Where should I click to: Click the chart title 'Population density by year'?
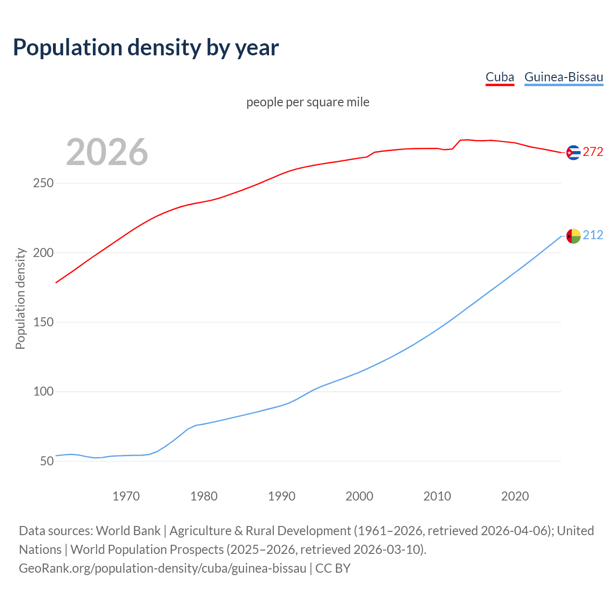click(x=146, y=47)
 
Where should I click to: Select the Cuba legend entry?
click(x=500, y=77)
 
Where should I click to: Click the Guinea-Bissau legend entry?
click(x=564, y=77)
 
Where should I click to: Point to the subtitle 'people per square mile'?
click(x=308, y=102)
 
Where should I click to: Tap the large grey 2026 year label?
click(x=107, y=152)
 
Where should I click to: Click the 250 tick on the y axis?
click(x=43, y=183)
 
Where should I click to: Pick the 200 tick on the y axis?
click(x=43, y=253)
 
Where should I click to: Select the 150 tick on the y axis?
click(x=43, y=322)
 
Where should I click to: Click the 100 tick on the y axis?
click(x=43, y=392)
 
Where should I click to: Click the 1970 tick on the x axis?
click(x=126, y=496)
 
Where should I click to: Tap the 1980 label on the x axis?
click(x=204, y=496)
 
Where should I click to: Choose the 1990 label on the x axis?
click(x=282, y=496)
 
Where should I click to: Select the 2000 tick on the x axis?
click(x=359, y=496)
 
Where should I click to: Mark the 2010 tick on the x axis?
click(x=437, y=496)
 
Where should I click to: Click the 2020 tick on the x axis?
click(x=515, y=496)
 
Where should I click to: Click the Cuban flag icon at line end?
click(x=573, y=153)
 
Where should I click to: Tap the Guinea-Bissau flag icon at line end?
click(x=573, y=236)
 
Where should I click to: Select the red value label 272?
click(x=593, y=152)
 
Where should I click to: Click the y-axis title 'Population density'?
click(x=20, y=298)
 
